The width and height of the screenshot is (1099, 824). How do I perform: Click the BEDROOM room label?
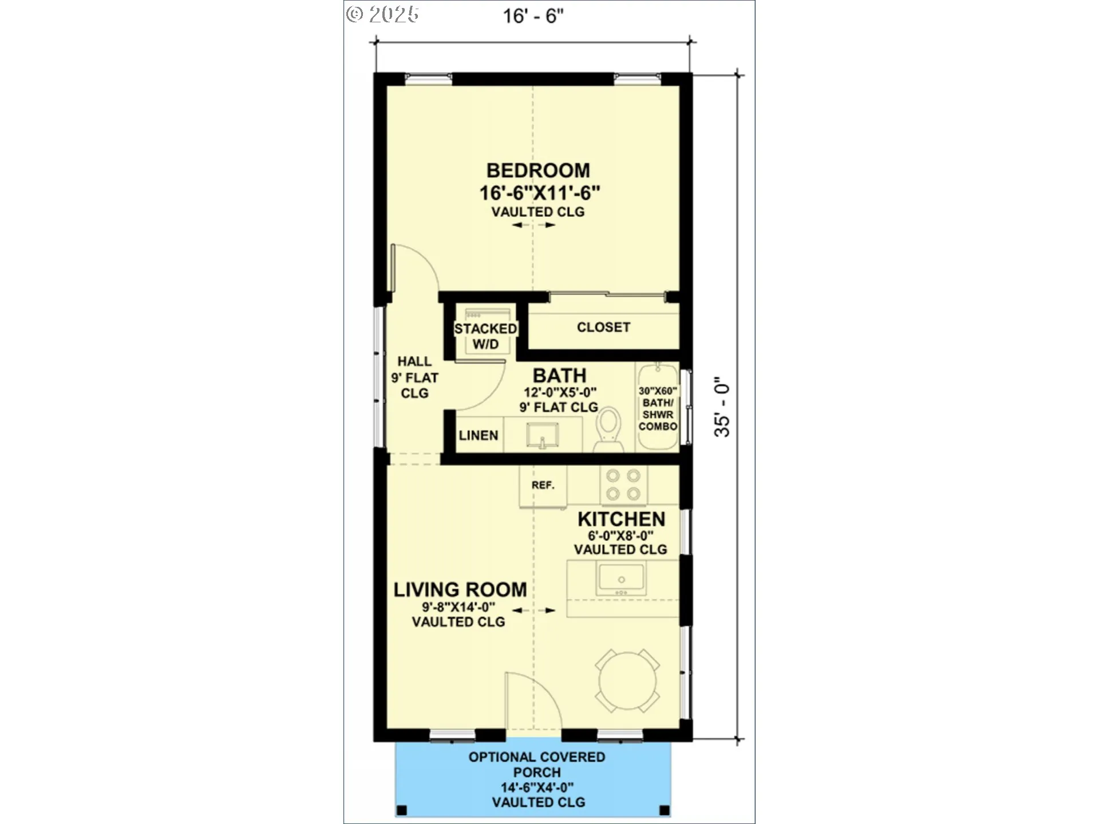pos(538,171)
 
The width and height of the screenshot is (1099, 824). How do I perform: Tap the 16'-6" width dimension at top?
pos(533,16)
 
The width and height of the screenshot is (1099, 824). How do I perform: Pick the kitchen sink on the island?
pos(621,579)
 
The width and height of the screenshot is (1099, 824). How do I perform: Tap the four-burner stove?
pos(623,485)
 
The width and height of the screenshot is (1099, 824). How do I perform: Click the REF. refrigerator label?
pos(543,485)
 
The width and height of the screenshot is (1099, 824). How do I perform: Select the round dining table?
pos(628,681)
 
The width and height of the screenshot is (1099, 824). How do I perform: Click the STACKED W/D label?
pos(485,336)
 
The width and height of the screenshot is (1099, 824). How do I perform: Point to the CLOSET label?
pos(603,327)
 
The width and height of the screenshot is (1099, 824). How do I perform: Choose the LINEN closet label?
pos(479,435)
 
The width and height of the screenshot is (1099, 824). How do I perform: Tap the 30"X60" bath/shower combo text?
pos(658,409)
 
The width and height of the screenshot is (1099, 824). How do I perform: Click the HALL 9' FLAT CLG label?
pos(414,377)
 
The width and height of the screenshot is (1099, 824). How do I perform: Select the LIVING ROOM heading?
pos(460,590)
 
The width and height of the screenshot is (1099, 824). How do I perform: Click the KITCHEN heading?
pos(621,520)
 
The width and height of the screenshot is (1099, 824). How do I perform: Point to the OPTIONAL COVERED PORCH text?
pos(537,764)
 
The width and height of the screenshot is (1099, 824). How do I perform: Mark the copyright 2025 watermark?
pos(382,14)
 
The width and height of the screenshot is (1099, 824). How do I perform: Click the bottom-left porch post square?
pos(402,810)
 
